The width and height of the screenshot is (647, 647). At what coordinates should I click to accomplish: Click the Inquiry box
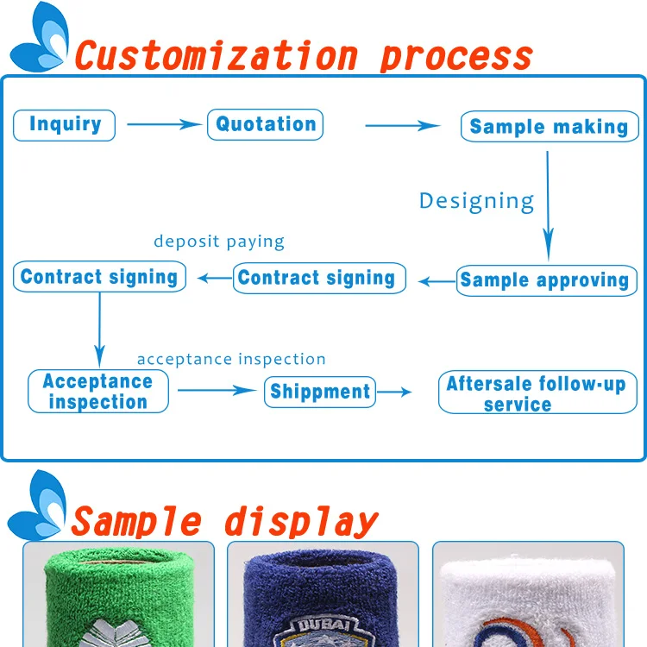click(65, 125)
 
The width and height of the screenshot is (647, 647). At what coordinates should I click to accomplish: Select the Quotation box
click(266, 124)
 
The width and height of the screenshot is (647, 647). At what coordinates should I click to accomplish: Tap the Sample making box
click(550, 126)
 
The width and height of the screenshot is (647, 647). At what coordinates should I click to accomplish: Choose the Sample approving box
click(547, 280)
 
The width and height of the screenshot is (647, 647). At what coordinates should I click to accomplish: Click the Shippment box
click(320, 392)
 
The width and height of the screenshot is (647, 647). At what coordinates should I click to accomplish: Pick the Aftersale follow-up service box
click(537, 392)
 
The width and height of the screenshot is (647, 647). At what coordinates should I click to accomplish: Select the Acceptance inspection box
click(98, 391)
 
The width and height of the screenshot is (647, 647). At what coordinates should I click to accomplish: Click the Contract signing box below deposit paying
click(319, 278)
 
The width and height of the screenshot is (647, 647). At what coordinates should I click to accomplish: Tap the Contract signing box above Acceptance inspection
click(99, 276)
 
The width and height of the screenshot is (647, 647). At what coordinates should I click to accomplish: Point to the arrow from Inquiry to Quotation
click(164, 124)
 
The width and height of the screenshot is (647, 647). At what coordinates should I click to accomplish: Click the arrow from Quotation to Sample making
click(403, 125)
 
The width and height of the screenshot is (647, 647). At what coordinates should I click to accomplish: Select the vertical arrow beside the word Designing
click(548, 206)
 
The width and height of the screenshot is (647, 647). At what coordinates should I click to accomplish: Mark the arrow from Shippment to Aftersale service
click(394, 392)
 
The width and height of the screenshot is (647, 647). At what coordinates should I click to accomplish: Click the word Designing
click(476, 202)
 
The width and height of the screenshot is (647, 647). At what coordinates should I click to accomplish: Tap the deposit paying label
click(219, 242)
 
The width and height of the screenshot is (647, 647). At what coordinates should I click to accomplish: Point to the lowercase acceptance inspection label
click(231, 360)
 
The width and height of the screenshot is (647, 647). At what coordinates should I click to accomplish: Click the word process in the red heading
click(456, 57)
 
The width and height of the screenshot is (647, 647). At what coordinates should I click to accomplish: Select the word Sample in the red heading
click(136, 522)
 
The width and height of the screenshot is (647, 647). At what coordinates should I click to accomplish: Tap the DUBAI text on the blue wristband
click(323, 625)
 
